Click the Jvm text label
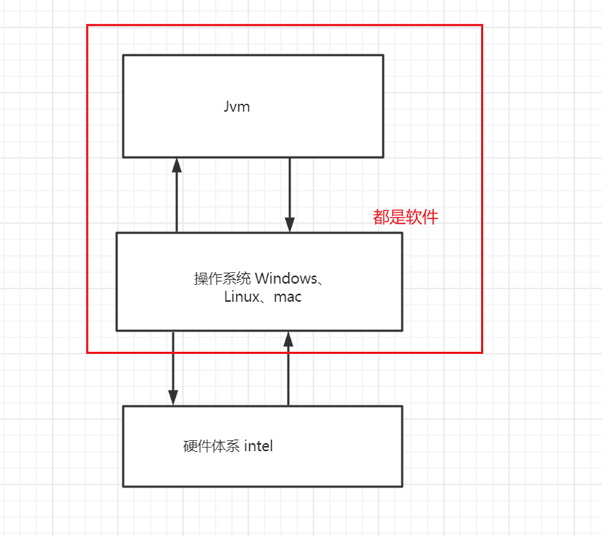237,107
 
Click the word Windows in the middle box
285,278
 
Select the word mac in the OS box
287,297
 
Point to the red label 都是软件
405,217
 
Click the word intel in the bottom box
258,446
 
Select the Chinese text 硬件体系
212,446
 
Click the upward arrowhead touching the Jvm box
177,164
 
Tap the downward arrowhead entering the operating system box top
290,225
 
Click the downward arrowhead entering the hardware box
173,398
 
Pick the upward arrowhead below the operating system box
288,339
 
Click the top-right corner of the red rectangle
482,26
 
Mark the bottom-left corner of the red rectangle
88,353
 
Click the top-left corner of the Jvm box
123,56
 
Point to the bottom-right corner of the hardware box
402,486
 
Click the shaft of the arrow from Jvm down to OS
290,188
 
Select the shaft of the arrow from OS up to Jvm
177,202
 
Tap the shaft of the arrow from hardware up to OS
288,376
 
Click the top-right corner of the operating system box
402,233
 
